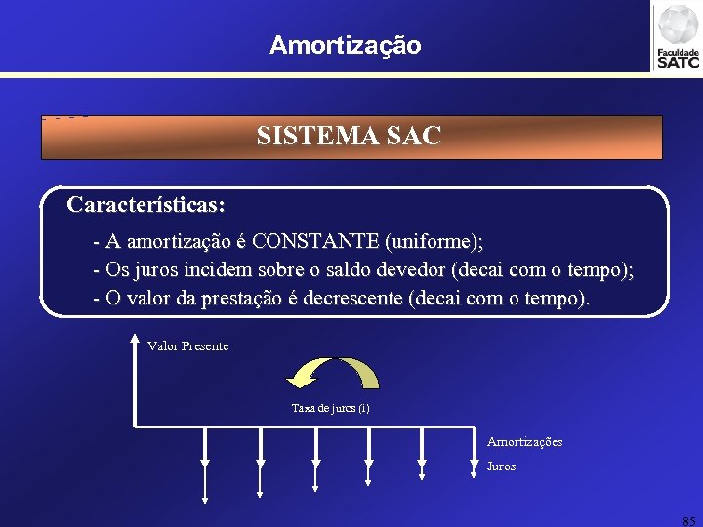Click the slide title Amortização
pos(346,45)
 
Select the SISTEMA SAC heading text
pos(349,136)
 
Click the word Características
pos(145,206)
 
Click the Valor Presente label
pos(187,346)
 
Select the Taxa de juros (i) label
pos(330,408)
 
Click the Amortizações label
pos(524,442)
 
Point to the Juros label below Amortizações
pos(501,466)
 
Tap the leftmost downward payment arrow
pos(204,468)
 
